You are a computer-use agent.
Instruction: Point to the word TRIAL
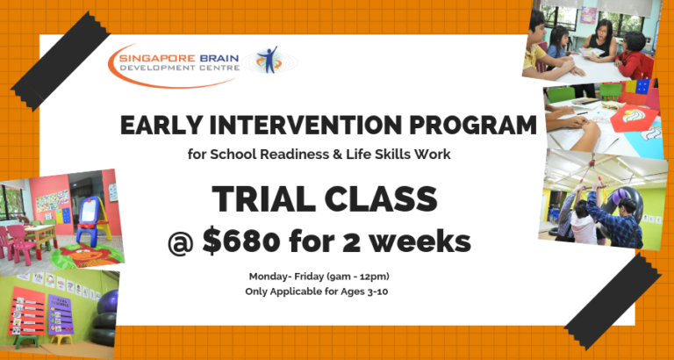tap(262, 200)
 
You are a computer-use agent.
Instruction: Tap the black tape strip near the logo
tap(61, 61)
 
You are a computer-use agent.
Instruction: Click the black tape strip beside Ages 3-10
tap(612, 301)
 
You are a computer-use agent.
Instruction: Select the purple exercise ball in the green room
tap(108, 301)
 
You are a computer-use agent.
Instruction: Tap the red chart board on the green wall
tap(26, 311)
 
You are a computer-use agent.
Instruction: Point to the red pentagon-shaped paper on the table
tap(634, 118)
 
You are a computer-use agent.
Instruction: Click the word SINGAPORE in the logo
tap(159, 59)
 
